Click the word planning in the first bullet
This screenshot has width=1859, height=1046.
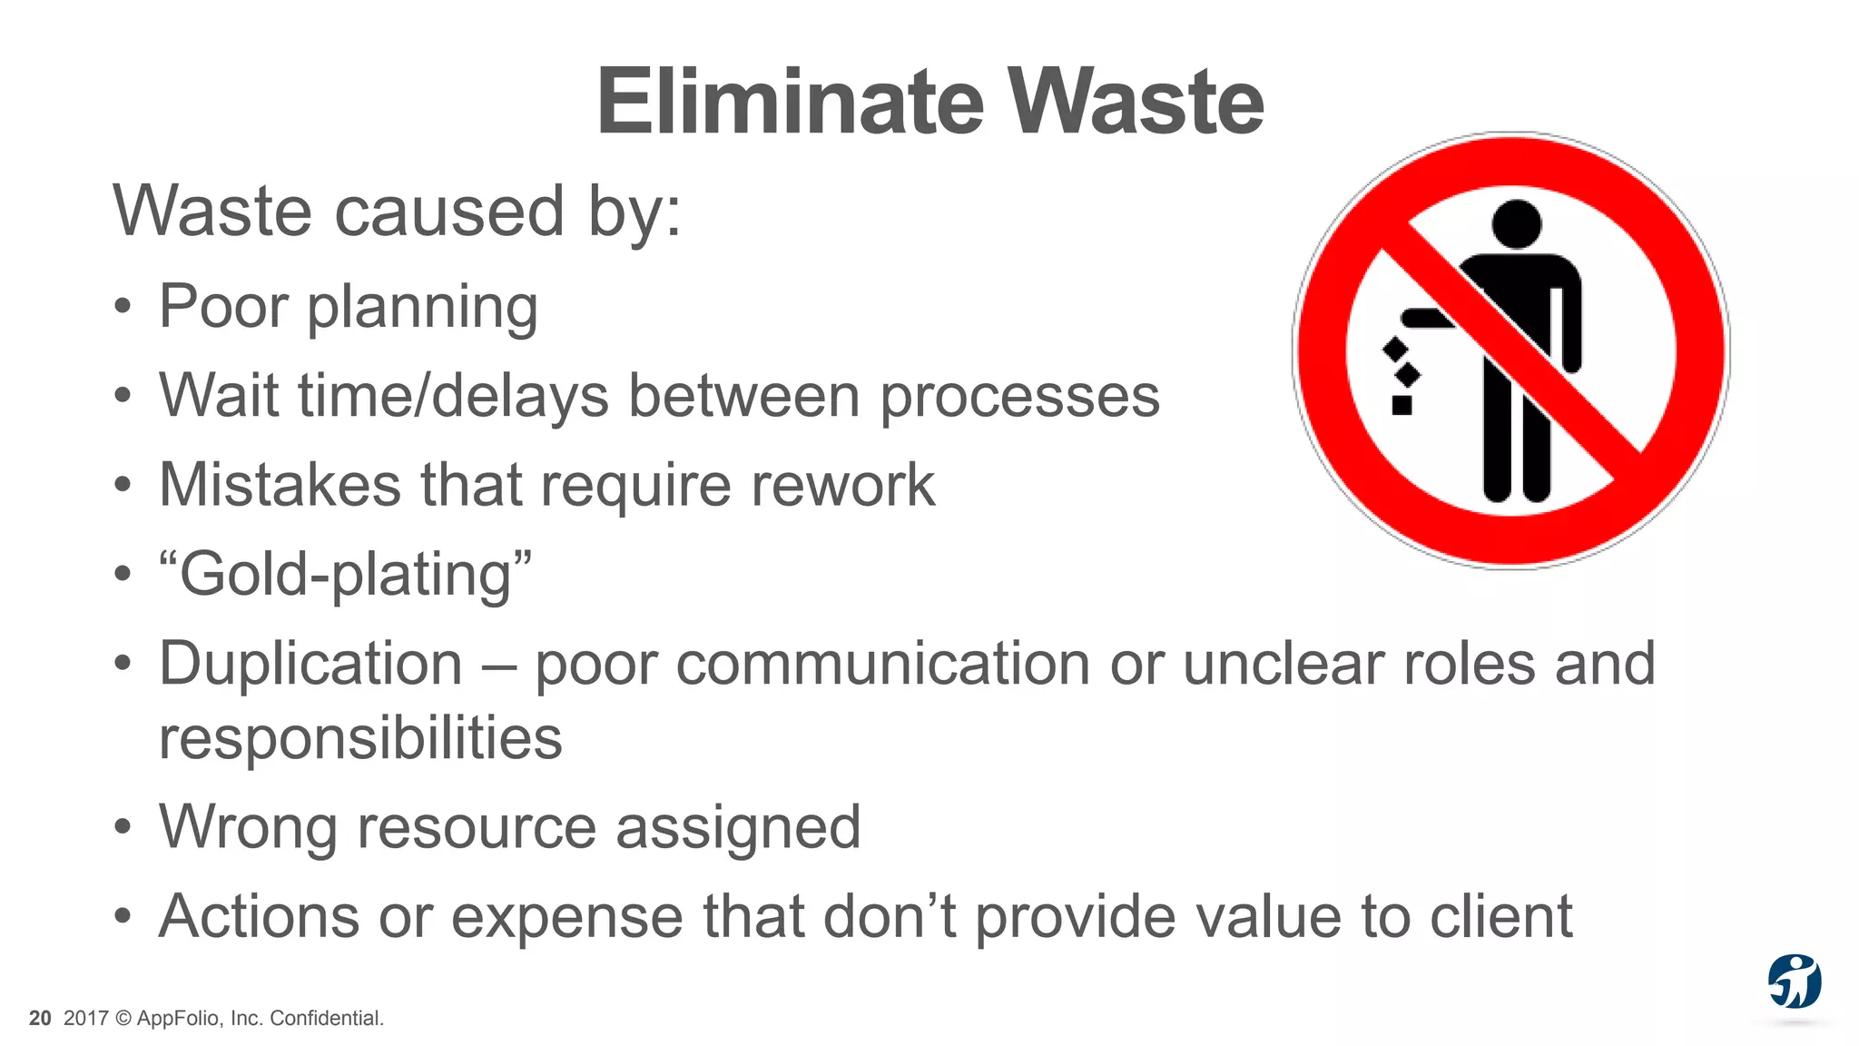tap(422, 309)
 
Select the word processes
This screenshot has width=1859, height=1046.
tap(1020, 397)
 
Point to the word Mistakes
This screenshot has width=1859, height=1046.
tap(280, 485)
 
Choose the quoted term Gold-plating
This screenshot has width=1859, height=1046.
tap(345, 575)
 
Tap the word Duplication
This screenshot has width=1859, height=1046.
tap(310, 663)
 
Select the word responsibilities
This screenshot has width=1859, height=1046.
tap(360, 737)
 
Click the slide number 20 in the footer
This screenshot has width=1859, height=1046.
tap(40, 1019)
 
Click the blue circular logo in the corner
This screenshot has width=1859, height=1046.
tap(1794, 982)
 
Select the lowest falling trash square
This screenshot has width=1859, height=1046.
tap(1402, 405)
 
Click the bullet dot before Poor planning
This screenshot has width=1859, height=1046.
tap(123, 307)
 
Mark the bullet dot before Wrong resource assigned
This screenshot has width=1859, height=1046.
tap(123, 827)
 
